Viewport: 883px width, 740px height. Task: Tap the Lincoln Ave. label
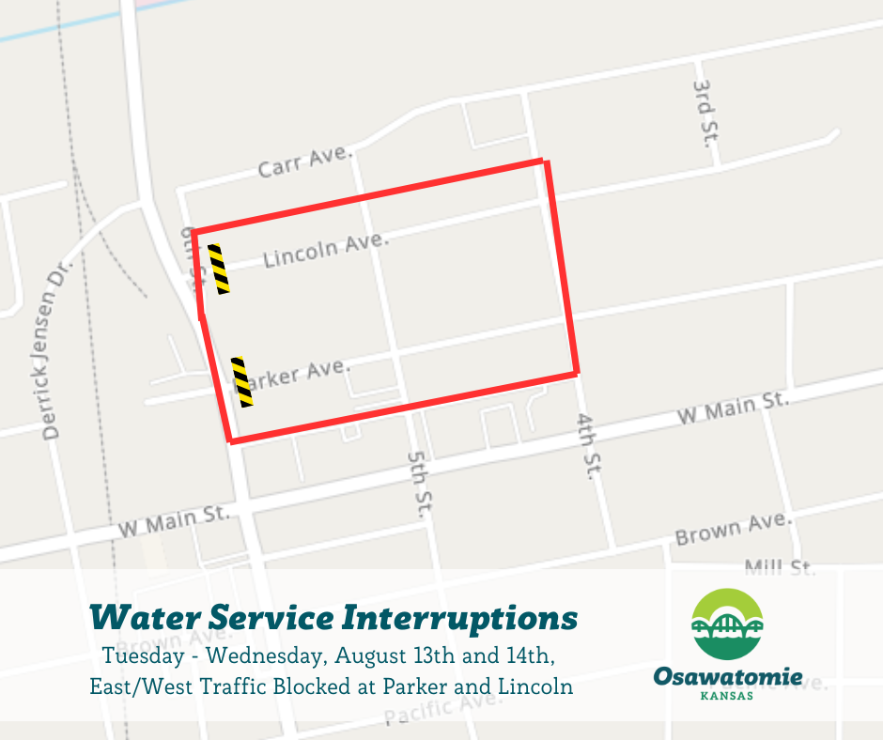[x=325, y=250]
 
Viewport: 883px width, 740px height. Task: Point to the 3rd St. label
[x=705, y=111]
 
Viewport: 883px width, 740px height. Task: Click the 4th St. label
[x=588, y=446]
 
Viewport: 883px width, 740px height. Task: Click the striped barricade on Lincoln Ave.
[x=219, y=270]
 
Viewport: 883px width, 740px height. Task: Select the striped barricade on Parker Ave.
[x=242, y=382]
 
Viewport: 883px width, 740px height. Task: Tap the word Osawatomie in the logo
[x=728, y=676]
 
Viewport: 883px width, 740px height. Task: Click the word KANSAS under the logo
[x=728, y=697]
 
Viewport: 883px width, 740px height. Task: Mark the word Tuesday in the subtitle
[x=140, y=653]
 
